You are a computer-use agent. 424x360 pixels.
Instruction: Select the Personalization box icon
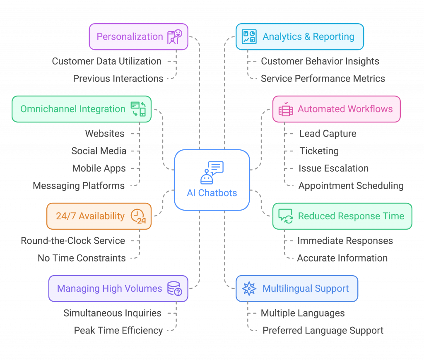[174, 36]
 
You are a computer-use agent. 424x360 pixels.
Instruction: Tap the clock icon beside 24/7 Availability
[138, 216]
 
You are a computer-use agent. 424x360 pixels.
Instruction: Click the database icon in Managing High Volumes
[174, 288]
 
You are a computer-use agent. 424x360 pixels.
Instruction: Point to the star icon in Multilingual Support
[249, 288]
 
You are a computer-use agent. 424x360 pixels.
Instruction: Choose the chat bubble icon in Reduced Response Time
[286, 216]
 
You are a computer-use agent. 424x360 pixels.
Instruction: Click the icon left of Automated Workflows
[286, 109]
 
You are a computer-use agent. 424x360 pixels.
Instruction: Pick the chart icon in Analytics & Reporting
[249, 36]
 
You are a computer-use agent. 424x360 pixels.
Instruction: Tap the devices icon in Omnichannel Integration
[138, 109]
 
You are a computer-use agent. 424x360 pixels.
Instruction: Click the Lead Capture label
[328, 134]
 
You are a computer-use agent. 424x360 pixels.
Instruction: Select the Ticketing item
[319, 151]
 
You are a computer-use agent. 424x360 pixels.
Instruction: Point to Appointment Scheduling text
[351, 186]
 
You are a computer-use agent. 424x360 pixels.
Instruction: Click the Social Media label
[99, 151]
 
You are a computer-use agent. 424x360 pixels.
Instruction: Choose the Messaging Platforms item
[79, 186]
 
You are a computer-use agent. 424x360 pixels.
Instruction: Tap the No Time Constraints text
[82, 258]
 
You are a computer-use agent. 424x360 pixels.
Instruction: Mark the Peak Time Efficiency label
[118, 331]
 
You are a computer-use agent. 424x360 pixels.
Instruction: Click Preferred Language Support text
[323, 331]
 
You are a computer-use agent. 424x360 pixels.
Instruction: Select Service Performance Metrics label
[323, 79]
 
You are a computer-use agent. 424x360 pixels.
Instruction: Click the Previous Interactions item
[118, 79]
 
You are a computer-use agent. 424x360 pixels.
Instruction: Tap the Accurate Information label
[342, 258]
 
